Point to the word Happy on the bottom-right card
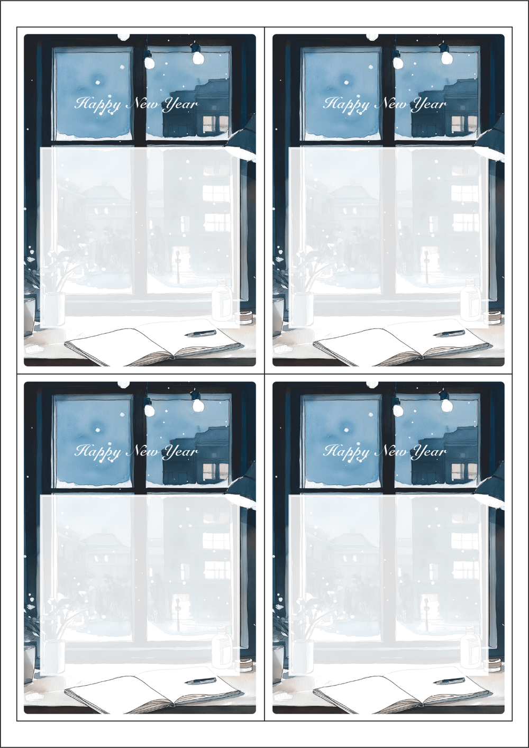coord(346,452)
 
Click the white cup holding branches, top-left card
coord(54,308)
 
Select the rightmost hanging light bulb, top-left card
coord(198,58)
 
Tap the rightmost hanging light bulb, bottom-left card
coord(198,405)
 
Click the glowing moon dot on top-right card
coord(346,82)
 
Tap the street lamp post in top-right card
coord(426,267)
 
